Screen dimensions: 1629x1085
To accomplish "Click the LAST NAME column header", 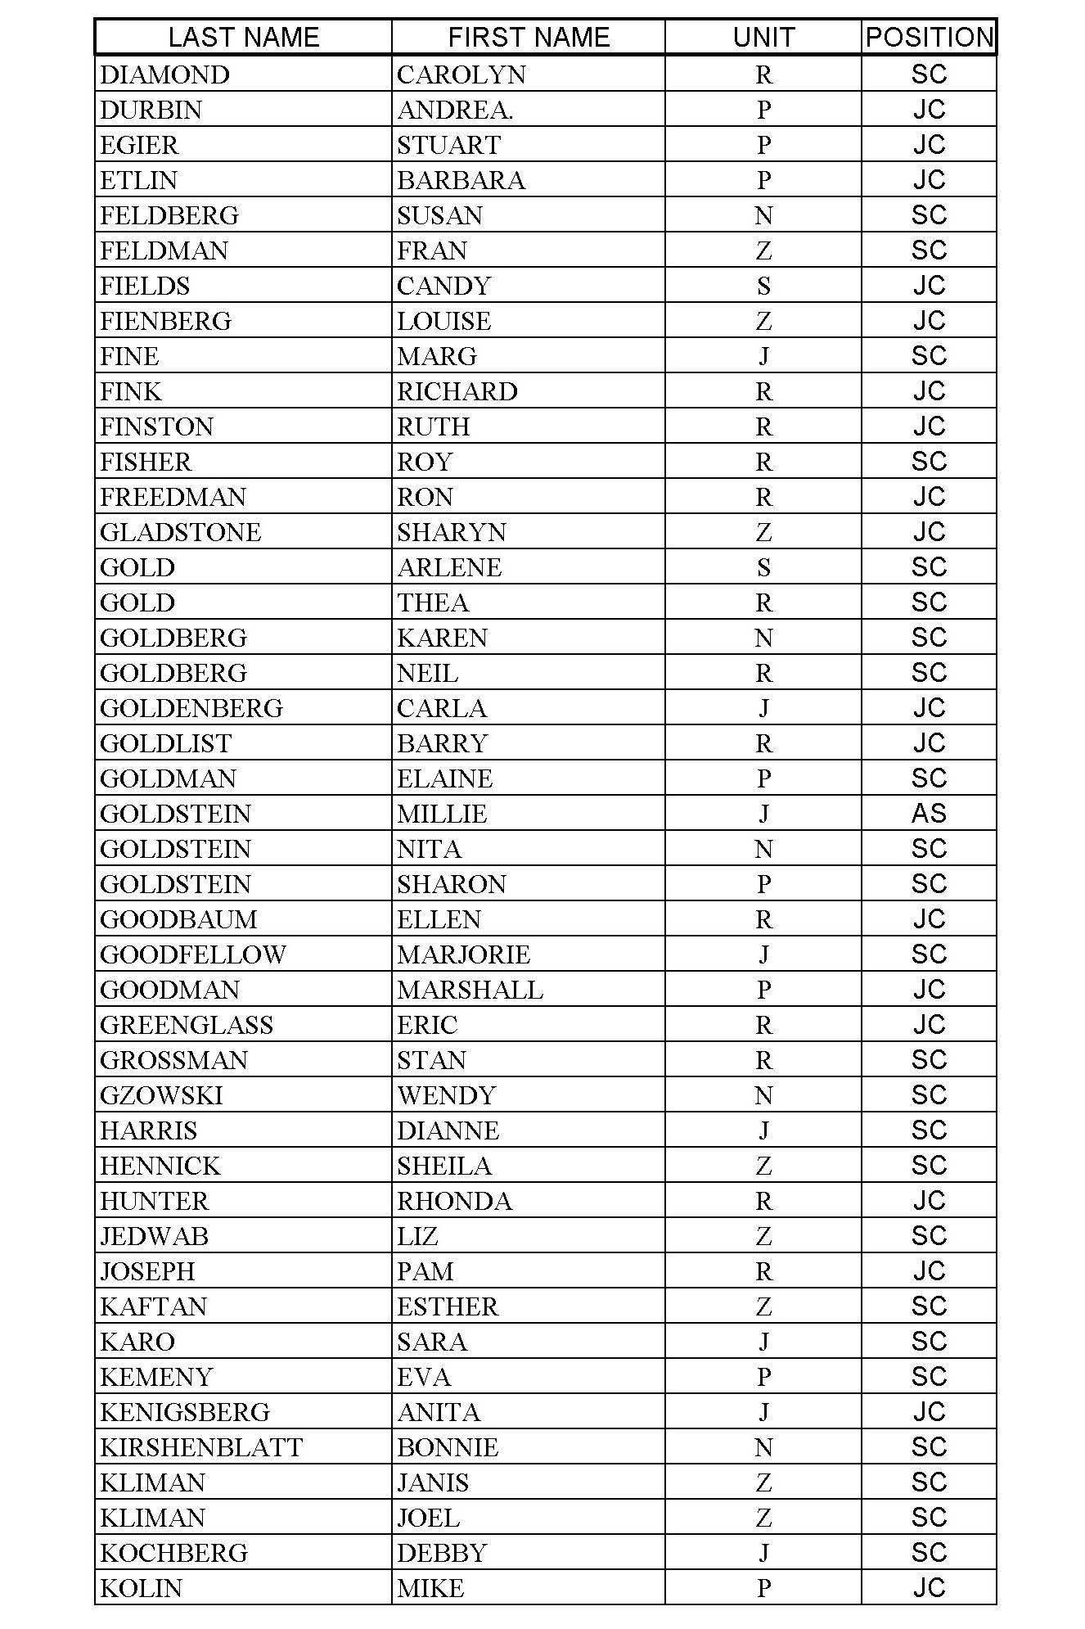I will (x=243, y=38).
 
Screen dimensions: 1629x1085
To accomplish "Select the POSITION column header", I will (x=929, y=38).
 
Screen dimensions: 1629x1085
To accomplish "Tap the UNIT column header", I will (x=763, y=38).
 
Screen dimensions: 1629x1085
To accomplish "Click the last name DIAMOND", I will (x=165, y=74).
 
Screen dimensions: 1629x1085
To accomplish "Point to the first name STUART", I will (x=448, y=145).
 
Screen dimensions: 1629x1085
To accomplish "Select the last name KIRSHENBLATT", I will (x=201, y=1447).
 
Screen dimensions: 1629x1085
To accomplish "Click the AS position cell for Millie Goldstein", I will (x=929, y=813).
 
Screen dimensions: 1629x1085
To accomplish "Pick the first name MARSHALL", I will (x=470, y=990).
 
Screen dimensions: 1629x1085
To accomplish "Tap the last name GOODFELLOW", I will (x=193, y=954).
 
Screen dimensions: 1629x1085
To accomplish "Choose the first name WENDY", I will (x=447, y=1095).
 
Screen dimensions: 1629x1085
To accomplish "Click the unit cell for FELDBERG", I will (x=763, y=215).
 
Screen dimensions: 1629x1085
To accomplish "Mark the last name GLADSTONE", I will (x=181, y=532).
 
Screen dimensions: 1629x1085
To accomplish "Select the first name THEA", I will (x=433, y=602).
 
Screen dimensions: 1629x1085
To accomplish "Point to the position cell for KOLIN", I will (x=929, y=1588).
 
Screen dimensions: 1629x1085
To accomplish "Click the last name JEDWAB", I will (x=155, y=1236).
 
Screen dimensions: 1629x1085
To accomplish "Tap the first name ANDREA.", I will (x=455, y=110).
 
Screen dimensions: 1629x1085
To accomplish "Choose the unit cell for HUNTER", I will (x=763, y=1201).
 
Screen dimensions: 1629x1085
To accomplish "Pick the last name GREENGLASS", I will (x=187, y=1025).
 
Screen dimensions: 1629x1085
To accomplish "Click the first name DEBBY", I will (x=442, y=1553).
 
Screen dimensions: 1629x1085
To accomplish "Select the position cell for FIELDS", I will (x=929, y=286).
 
